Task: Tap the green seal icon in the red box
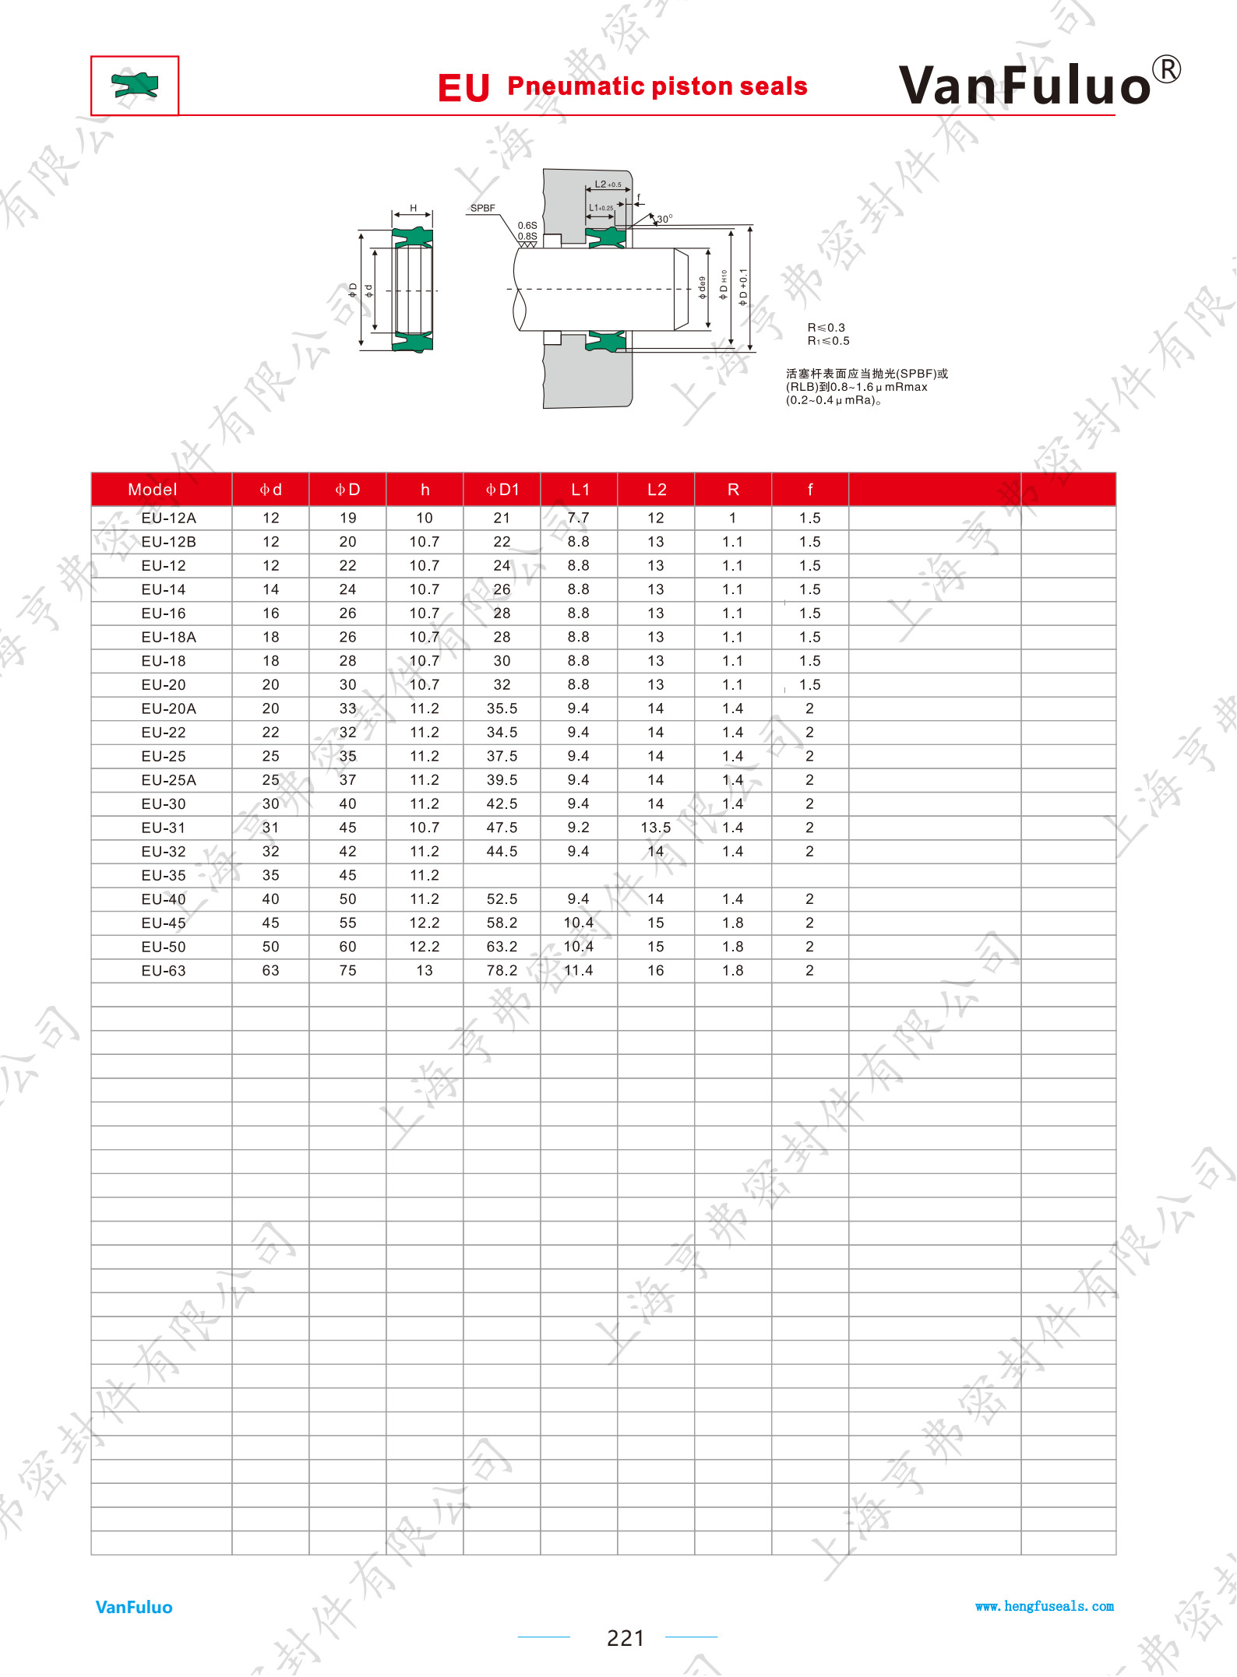tap(135, 85)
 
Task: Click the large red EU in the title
tap(463, 88)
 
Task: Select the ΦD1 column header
tap(502, 490)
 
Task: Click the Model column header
tap(153, 490)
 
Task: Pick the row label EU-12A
tap(169, 519)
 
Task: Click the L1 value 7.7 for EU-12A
tap(579, 519)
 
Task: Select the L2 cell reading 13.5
tap(656, 828)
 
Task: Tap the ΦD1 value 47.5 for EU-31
tap(502, 828)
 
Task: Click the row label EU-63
tap(164, 971)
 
